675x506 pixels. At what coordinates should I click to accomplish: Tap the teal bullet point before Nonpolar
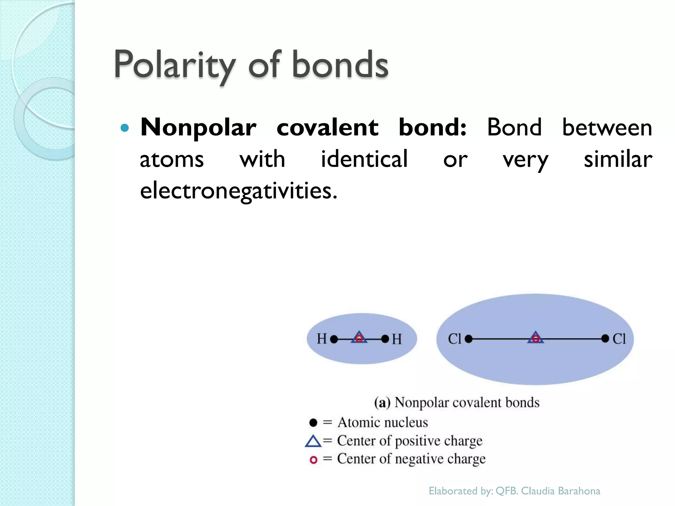coord(125,128)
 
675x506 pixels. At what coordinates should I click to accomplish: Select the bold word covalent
coord(327,127)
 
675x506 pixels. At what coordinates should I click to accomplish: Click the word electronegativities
coord(239,191)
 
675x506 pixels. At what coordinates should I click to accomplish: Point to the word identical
coord(364,159)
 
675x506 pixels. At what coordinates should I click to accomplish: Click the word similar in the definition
coord(618,159)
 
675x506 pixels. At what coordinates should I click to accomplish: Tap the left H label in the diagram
coord(321,339)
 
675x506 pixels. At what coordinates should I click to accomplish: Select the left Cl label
coord(455,339)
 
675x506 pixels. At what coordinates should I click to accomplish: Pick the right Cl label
coord(619,339)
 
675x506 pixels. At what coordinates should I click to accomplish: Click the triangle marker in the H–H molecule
coord(359,338)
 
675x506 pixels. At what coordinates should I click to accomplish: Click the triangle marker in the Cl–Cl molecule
coord(536,338)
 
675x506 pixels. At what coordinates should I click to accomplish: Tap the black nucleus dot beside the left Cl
coord(469,339)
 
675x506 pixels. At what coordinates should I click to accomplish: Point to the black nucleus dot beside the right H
coord(385,339)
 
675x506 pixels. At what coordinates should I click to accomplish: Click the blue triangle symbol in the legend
coord(313,441)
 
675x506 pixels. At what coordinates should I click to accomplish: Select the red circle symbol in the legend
coord(313,460)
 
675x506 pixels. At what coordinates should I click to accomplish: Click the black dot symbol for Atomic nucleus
coord(313,423)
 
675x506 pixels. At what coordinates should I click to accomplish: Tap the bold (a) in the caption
coord(382,403)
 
